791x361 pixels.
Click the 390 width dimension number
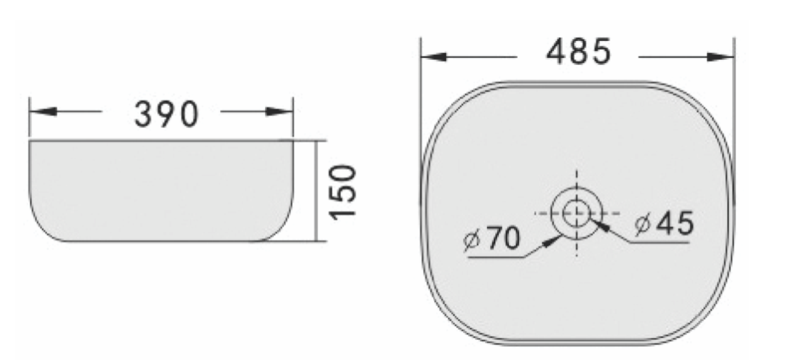pos(166,114)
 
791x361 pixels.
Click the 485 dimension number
pos(578,52)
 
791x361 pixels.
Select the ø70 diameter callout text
pos(492,238)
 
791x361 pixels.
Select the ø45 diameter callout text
pos(665,223)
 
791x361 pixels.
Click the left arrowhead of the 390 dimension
pos(43,112)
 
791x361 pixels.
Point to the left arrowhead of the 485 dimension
pos(434,57)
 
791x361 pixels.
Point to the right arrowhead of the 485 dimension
pos(721,57)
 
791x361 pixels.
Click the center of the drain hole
pos(576,214)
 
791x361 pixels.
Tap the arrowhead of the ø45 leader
pos(603,226)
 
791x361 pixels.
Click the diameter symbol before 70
pos(471,240)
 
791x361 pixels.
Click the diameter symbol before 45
pos(643,224)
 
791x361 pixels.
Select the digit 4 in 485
pos(557,52)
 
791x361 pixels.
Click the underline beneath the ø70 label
pos(495,258)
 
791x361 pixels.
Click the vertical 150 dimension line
pos(316,191)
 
